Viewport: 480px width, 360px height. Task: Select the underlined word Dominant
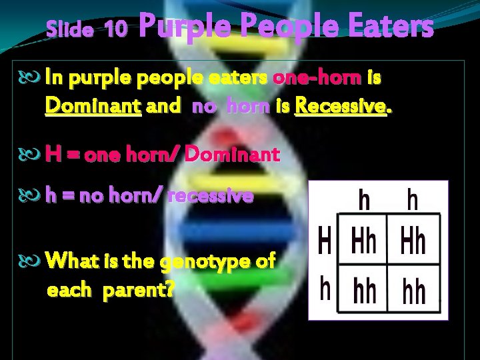click(93, 105)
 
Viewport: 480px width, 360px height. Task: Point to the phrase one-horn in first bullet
click(309, 79)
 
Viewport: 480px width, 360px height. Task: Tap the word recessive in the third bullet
click(211, 196)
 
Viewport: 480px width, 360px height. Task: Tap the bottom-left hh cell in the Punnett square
click(363, 291)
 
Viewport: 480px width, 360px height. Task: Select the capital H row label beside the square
click(325, 241)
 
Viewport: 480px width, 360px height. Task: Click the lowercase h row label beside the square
click(325, 289)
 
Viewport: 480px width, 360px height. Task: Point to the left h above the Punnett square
click(365, 199)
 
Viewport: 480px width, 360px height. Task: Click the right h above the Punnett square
click(413, 199)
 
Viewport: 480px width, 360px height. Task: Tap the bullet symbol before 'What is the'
click(35, 261)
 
